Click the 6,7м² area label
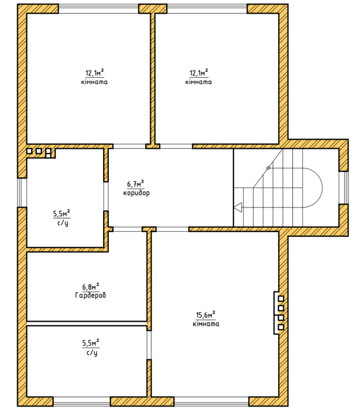click(x=135, y=184)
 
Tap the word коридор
click(x=136, y=193)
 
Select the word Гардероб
click(x=91, y=295)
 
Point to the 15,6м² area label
click(x=206, y=315)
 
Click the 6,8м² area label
click(x=91, y=287)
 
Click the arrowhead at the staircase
click(x=238, y=207)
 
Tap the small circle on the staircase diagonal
click(x=268, y=168)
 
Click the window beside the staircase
click(x=343, y=188)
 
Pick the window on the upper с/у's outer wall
click(x=22, y=192)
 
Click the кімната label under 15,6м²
click(x=206, y=324)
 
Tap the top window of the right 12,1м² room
click(x=207, y=9)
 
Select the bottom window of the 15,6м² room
click(x=211, y=401)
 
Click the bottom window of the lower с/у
click(x=82, y=401)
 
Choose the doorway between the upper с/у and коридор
click(x=106, y=196)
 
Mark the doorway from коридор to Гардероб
click(x=127, y=229)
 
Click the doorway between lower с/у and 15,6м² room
click(x=149, y=345)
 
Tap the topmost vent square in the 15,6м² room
click(x=281, y=299)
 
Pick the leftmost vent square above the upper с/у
click(x=30, y=151)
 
